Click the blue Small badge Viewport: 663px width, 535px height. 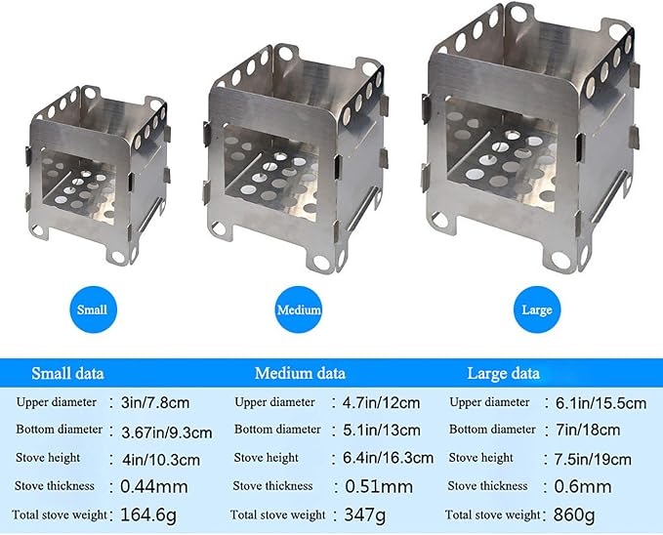[93, 309]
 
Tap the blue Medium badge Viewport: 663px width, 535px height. [299, 309]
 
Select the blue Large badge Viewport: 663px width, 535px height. [537, 309]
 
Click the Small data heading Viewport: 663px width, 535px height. [67, 374]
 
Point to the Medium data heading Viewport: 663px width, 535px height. [300, 374]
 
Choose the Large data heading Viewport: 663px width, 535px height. [503, 374]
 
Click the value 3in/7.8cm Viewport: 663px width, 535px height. [155, 402]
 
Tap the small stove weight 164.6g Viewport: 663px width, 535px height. [148, 515]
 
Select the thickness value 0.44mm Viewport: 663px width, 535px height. [154, 487]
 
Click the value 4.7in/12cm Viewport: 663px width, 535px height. [382, 402]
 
